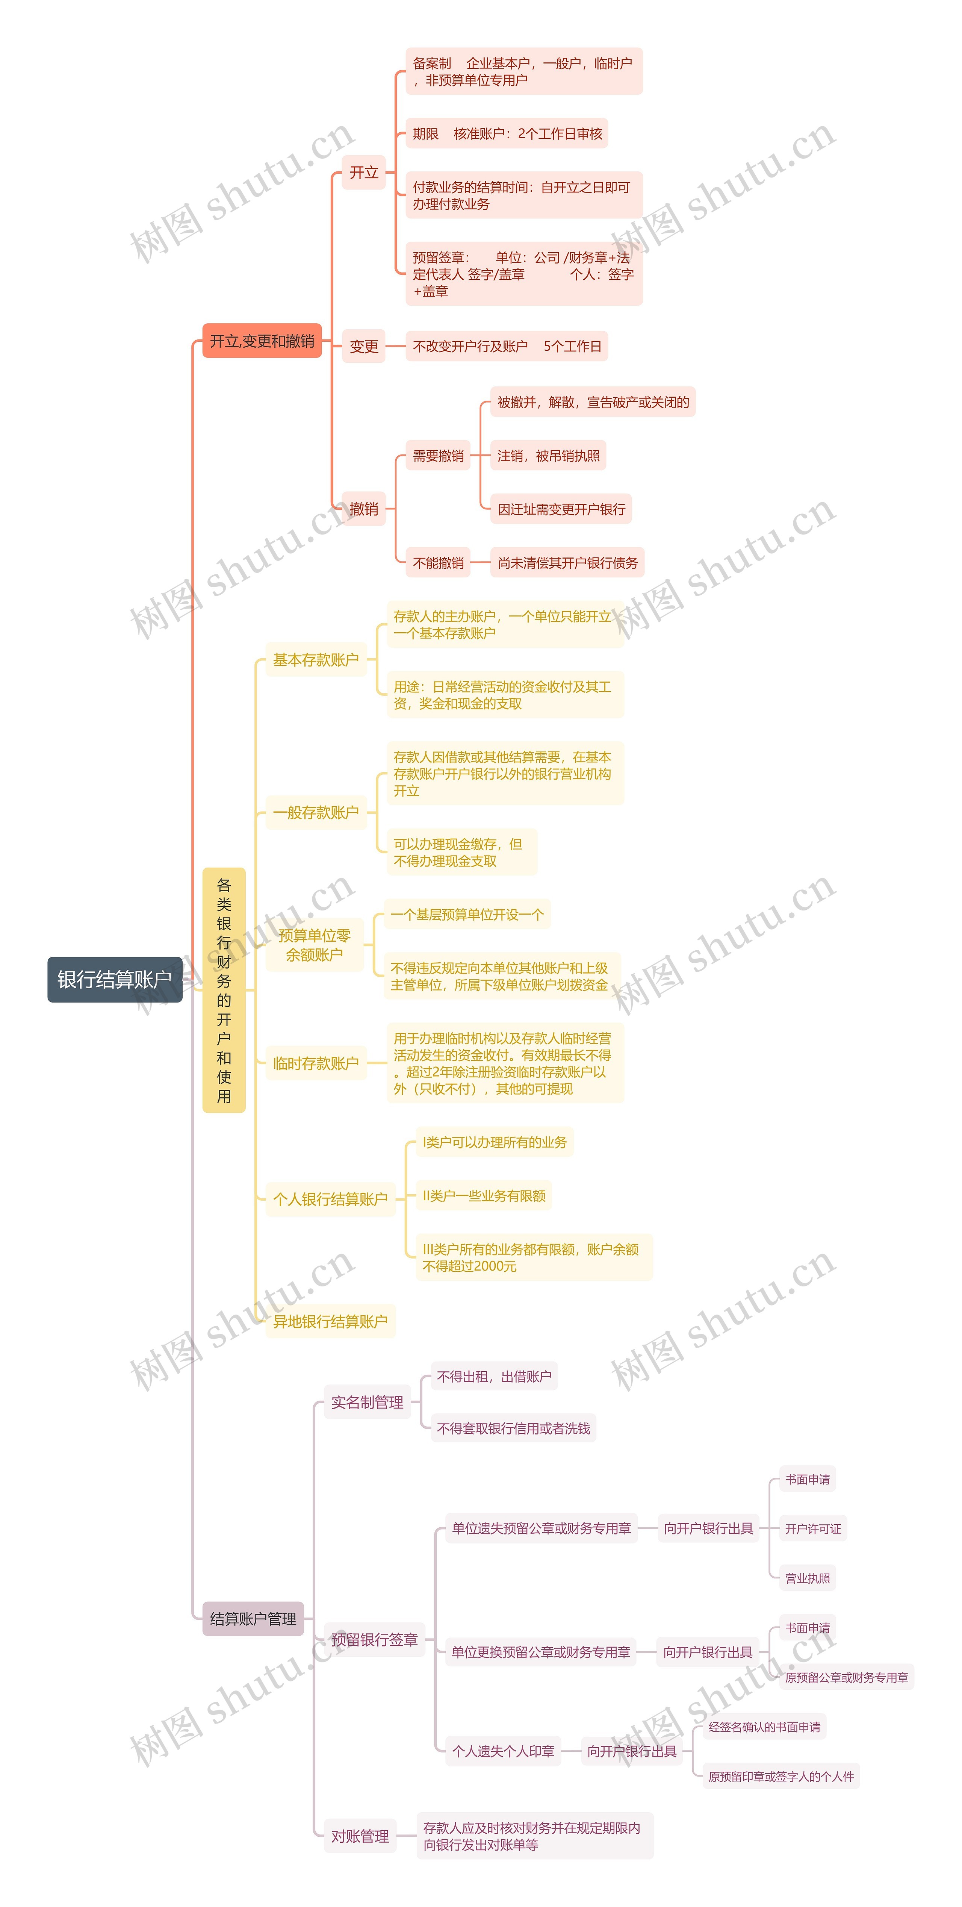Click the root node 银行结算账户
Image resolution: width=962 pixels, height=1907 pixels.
[115, 979]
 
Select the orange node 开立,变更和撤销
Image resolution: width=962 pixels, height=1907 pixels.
[262, 341]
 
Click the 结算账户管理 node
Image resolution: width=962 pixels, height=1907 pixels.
[253, 1619]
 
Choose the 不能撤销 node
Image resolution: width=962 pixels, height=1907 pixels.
[438, 563]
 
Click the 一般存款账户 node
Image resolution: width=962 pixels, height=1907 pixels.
[316, 812]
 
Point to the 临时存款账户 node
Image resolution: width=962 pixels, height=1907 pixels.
[316, 1063]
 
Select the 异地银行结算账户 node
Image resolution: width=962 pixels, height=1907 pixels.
[330, 1321]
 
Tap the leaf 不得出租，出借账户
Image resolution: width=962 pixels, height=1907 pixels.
[493, 1376]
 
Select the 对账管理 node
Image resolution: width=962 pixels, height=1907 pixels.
[360, 1836]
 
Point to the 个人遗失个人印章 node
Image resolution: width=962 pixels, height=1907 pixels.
[503, 1751]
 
